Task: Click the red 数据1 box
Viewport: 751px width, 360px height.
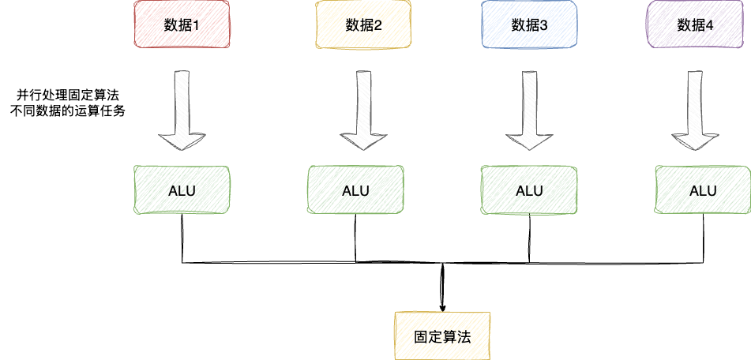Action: pyautogui.click(x=182, y=24)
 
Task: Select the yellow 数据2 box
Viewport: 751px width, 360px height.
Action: pyautogui.click(x=363, y=24)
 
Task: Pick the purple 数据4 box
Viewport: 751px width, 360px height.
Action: pyautogui.click(x=695, y=24)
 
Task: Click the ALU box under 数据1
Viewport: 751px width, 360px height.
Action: pyautogui.click(x=182, y=190)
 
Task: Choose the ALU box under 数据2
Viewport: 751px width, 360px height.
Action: pyautogui.click(x=355, y=190)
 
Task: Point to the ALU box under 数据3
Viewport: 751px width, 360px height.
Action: pyautogui.click(x=529, y=190)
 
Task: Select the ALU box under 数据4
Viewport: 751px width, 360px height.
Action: pyautogui.click(x=703, y=190)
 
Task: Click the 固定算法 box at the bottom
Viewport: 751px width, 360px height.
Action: pyautogui.click(x=442, y=336)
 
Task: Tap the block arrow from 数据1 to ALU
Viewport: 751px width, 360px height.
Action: pyautogui.click(x=182, y=111)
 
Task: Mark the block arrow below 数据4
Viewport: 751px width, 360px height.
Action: pyautogui.click(x=694, y=111)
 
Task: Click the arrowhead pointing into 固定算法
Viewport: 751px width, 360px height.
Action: pyautogui.click(x=442, y=304)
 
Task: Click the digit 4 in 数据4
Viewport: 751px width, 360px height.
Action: pyautogui.click(x=710, y=24)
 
